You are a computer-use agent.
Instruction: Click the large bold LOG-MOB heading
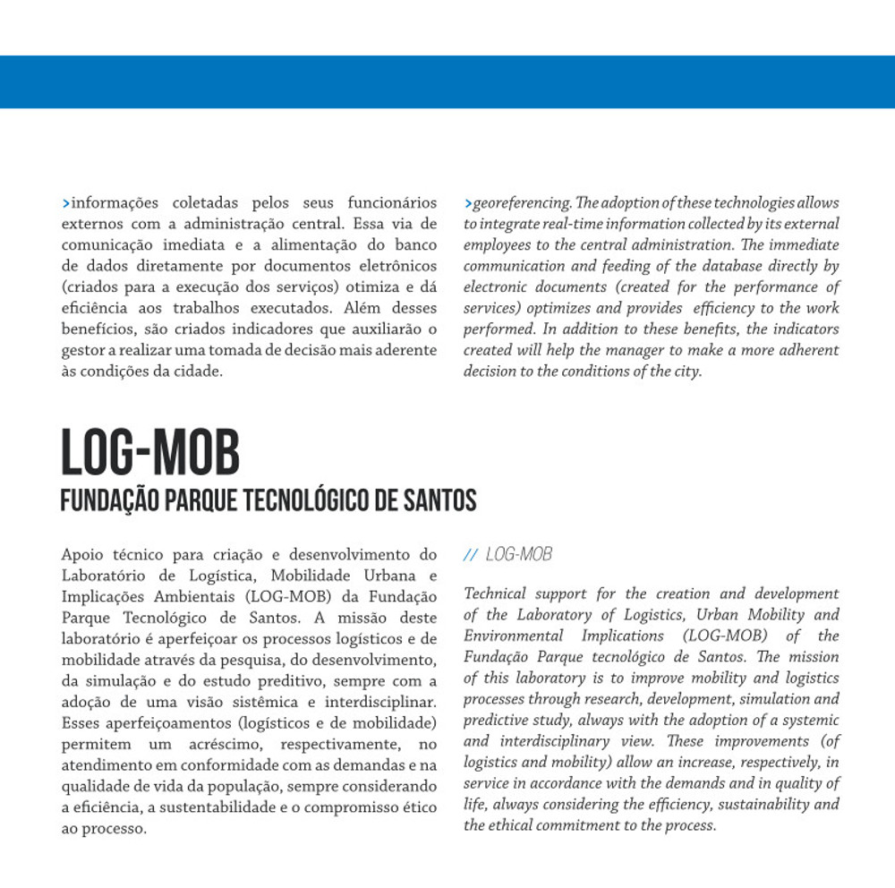click(150, 454)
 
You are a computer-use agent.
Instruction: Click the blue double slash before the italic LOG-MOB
click(471, 555)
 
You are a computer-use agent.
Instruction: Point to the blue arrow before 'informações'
click(65, 203)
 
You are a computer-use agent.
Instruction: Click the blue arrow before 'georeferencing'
click(467, 203)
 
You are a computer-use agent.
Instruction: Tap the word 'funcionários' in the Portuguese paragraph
click(393, 202)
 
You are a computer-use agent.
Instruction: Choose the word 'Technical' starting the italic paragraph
click(495, 593)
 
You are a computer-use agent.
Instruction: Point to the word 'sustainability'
click(756, 804)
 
